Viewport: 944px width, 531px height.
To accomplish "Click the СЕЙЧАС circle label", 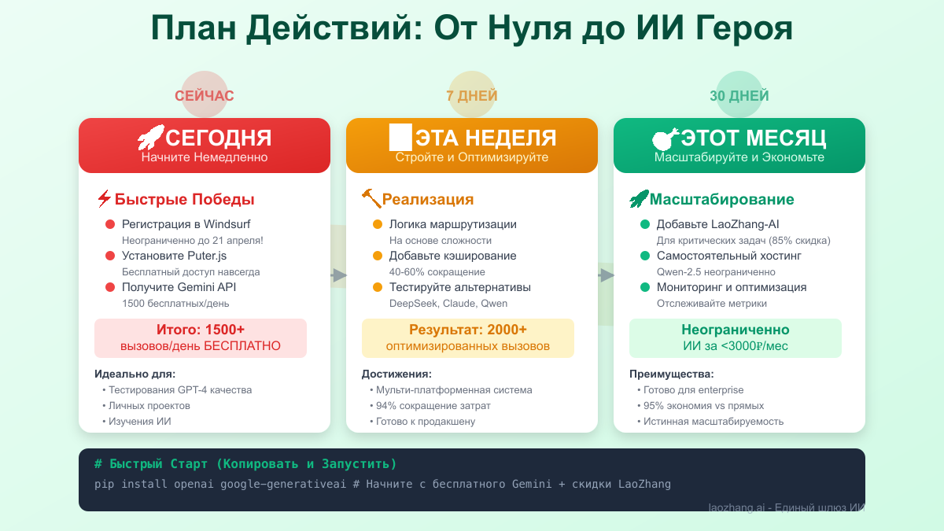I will (x=205, y=96).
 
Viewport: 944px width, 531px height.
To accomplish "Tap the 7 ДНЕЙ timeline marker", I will (x=472, y=96).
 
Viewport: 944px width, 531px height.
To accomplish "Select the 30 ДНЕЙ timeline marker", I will (x=739, y=96).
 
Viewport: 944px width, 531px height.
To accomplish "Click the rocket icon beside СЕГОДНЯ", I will (x=150, y=138).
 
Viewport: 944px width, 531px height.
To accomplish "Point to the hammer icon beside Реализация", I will (x=371, y=199).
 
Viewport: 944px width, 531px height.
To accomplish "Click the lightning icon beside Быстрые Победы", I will (x=104, y=199).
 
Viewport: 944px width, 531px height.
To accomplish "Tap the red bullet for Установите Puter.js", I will (x=110, y=256).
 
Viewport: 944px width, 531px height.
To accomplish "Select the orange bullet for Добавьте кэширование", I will (x=378, y=256).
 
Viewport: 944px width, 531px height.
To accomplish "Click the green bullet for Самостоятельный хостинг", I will (x=645, y=256).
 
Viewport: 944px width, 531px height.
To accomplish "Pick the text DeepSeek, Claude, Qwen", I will (x=448, y=304).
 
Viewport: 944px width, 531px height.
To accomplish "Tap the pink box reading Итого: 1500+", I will (x=201, y=338).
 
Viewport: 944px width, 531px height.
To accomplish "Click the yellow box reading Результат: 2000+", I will (x=468, y=338).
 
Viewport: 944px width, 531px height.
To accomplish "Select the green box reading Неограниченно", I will (x=736, y=338).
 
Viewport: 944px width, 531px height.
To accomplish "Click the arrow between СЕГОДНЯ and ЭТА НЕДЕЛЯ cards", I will (x=339, y=275).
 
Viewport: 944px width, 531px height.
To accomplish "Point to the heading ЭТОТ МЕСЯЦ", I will (x=753, y=138).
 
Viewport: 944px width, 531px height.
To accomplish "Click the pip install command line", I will (x=382, y=484).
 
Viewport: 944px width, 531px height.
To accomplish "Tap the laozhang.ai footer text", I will (x=786, y=507).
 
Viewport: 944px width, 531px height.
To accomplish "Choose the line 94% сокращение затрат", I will (x=433, y=406).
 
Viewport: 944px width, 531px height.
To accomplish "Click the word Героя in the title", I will (x=743, y=28).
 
